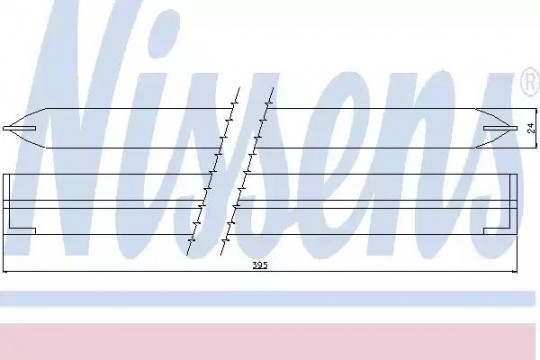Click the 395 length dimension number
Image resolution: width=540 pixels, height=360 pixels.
(x=260, y=265)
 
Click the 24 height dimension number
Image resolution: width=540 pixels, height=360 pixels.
(x=531, y=128)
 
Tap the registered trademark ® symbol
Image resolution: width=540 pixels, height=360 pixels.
(x=530, y=83)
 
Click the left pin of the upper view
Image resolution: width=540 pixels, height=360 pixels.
(x=19, y=128)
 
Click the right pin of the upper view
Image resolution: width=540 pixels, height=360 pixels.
(x=500, y=128)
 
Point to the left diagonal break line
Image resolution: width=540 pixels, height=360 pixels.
(x=213, y=171)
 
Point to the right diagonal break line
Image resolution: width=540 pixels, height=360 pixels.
(x=247, y=171)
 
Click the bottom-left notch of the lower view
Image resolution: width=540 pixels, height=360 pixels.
(x=22, y=231)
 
